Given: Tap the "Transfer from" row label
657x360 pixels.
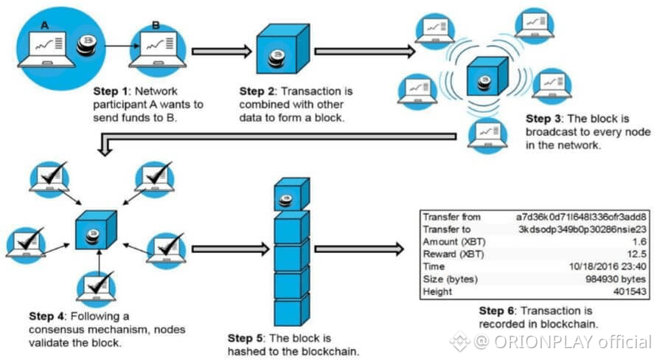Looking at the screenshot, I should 452,218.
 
